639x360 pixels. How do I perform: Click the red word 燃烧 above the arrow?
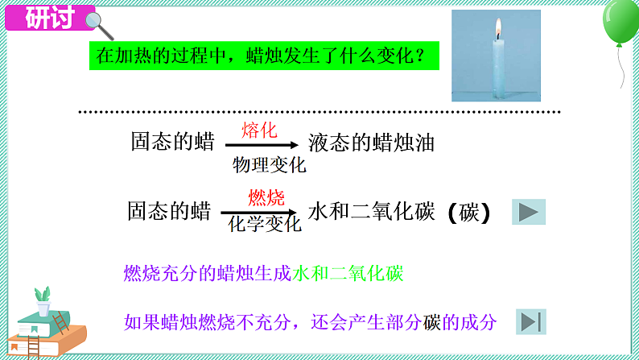(266, 197)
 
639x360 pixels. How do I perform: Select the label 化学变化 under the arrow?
(265, 224)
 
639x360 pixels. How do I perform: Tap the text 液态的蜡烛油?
(371, 144)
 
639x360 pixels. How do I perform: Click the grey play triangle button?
(529, 212)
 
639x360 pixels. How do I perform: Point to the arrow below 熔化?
(264, 145)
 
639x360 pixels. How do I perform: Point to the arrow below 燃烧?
(265, 211)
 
